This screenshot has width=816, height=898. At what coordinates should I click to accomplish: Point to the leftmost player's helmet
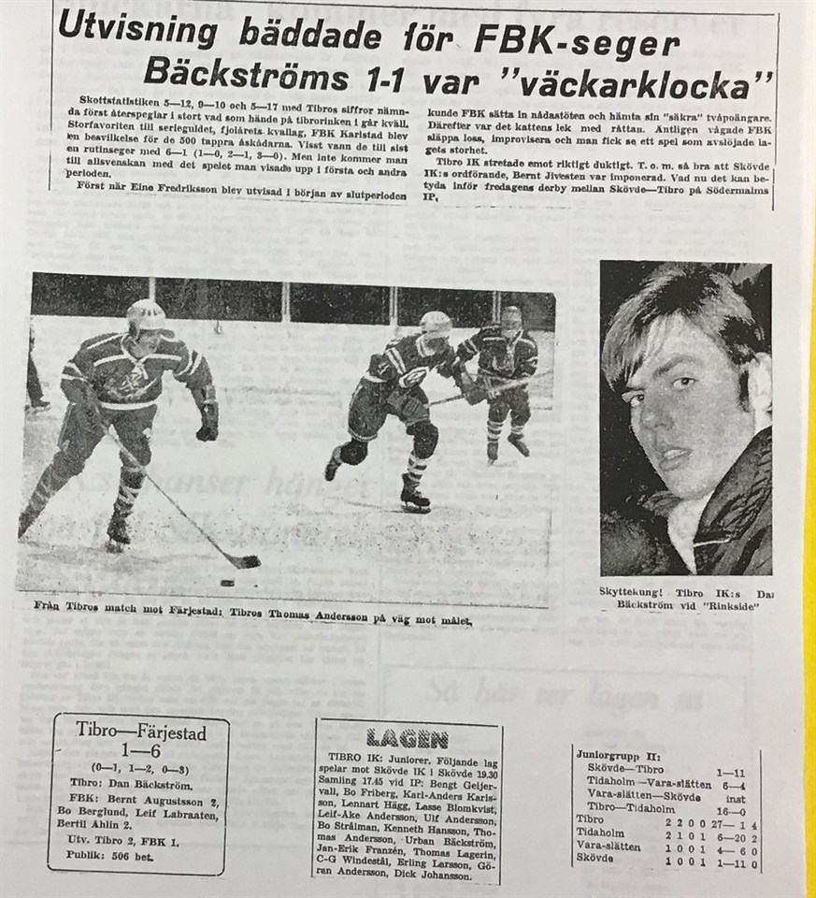[x=148, y=316]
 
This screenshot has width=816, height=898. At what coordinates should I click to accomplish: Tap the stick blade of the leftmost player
[x=245, y=562]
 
